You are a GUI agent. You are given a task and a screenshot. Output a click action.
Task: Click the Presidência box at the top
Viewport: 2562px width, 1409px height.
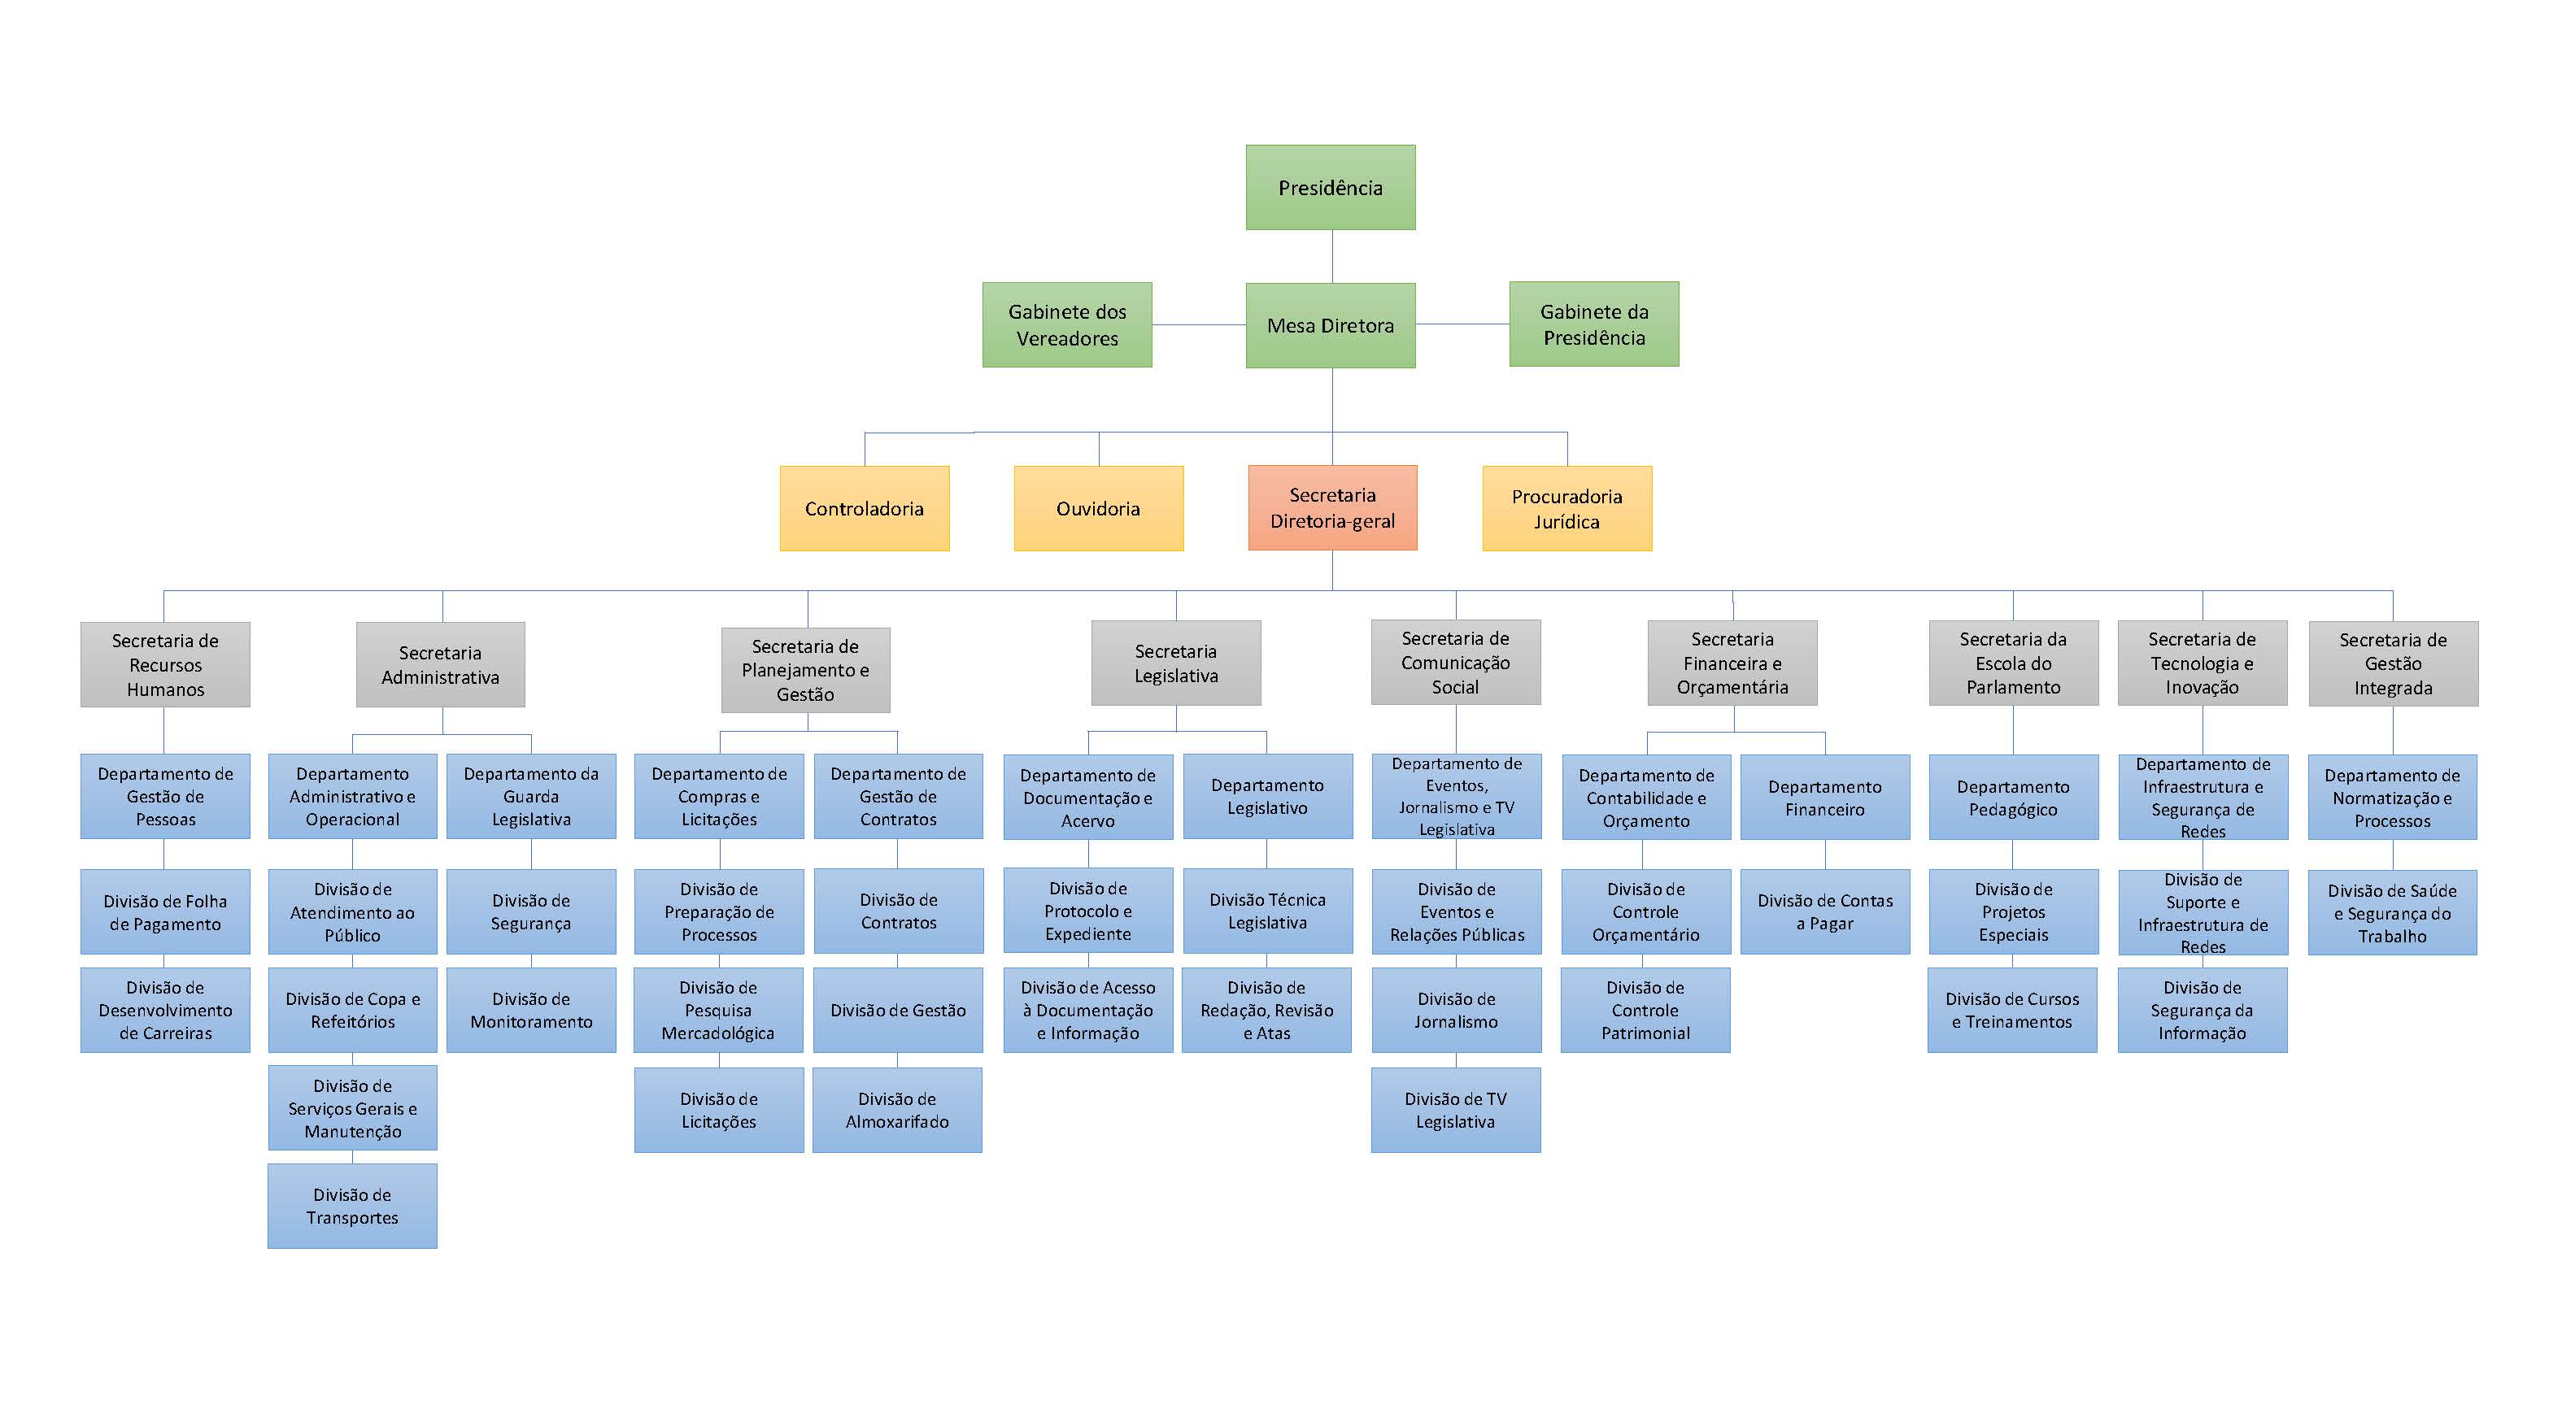point(1330,188)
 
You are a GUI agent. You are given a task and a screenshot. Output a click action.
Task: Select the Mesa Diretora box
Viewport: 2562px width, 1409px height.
point(1330,325)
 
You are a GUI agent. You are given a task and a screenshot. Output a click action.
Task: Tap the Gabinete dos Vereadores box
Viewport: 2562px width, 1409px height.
point(1066,325)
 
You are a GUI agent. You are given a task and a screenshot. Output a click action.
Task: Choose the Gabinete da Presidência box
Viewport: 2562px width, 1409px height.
point(1593,324)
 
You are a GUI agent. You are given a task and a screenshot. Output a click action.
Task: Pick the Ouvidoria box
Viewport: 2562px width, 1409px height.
point(1098,508)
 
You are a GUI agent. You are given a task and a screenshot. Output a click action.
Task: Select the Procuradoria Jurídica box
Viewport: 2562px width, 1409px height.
point(1566,508)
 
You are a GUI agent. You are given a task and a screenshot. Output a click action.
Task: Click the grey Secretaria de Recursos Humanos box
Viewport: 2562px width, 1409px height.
point(165,664)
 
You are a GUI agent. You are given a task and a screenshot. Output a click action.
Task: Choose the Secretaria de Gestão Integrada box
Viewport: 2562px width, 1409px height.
point(2393,663)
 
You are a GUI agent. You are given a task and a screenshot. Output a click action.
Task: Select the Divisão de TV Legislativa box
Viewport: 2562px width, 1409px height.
point(1455,1110)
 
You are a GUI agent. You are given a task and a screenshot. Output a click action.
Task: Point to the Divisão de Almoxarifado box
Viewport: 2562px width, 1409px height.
point(897,1110)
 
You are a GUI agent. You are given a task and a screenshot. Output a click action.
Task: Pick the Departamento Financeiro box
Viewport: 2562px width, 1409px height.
point(1824,798)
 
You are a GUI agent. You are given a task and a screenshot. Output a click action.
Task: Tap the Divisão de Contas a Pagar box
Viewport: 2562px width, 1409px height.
point(1824,911)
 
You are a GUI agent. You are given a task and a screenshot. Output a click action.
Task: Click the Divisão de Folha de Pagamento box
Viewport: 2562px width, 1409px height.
point(165,911)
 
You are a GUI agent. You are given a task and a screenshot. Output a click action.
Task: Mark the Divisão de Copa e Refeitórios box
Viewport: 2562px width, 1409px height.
point(352,1009)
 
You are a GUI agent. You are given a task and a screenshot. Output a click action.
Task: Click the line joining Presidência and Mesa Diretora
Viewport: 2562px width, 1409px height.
point(1331,257)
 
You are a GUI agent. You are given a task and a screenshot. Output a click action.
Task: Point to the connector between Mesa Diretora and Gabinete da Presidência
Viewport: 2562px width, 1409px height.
point(1462,324)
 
